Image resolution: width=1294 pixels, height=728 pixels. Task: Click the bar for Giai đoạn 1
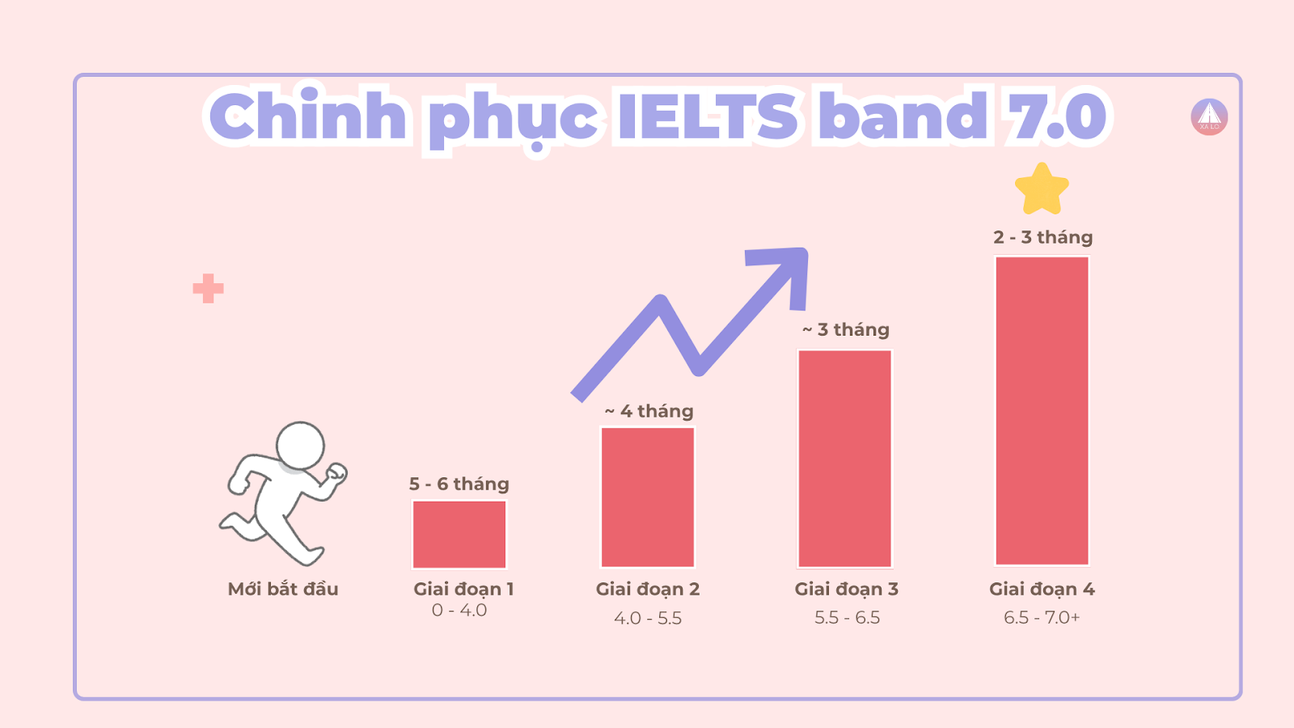[x=459, y=535]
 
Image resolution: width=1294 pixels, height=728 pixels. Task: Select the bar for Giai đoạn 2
[x=648, y=497]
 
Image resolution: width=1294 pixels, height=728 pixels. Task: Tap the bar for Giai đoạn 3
[x=845, y=459]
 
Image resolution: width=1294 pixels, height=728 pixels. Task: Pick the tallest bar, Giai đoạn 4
[x=1042, y=411]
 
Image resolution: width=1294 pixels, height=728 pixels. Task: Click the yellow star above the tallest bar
[x=1042, y=189]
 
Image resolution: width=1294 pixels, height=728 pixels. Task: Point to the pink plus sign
[x=209, y=289]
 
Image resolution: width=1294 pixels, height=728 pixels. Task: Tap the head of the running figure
[x=300, y=445]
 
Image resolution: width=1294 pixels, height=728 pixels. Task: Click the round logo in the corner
[x=1209, y=117]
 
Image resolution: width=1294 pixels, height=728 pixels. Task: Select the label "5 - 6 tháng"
[x=459, y=484]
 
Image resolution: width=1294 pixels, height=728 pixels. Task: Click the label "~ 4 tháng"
[x=649, y=411]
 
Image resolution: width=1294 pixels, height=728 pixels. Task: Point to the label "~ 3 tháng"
[x=846, y=329]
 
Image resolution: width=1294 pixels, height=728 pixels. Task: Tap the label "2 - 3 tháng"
[x=1043, y=237]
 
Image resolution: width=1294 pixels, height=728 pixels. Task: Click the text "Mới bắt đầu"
[x=283, y=589]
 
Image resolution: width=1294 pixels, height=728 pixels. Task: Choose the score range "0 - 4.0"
[x=459, y=611]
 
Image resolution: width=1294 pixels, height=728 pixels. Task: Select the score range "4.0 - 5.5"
[x=648, y=619]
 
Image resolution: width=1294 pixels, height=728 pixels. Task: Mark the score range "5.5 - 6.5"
[x=847, y=618]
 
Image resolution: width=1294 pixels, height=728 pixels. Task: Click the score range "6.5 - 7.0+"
[x=1042, y=618]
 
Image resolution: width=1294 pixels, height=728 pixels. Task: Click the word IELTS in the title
[x=708, y=117]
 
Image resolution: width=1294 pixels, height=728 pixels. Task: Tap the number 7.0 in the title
[x=1055, y=117]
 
